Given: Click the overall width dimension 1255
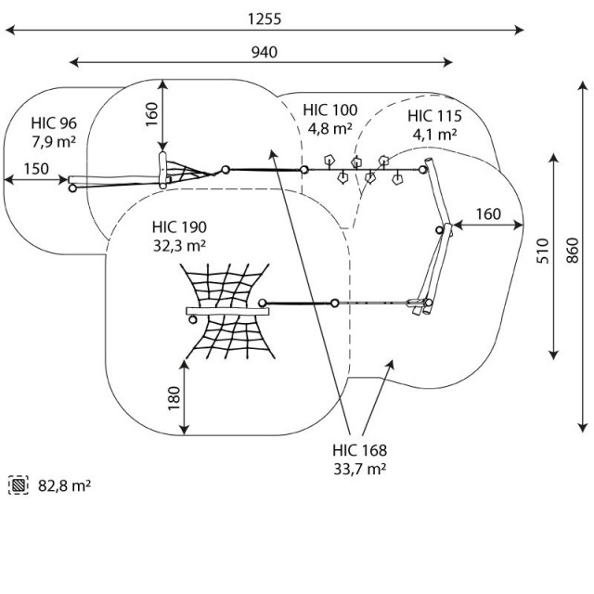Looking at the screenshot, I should (265, 19).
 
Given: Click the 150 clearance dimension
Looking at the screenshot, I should (36, 168).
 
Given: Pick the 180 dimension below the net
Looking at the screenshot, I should (173, 396).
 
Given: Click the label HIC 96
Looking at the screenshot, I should (53, 123).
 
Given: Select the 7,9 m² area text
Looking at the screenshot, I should (53, 141).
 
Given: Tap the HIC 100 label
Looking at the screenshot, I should (329, 110).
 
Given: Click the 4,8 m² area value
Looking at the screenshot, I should (329, 129).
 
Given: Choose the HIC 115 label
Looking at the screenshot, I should (433, 116).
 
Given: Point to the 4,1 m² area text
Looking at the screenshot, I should (433, 135).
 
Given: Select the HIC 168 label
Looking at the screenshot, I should (359, 450).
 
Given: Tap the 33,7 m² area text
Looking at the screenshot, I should (359, 469).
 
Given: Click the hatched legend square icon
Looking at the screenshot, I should (18, 484).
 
